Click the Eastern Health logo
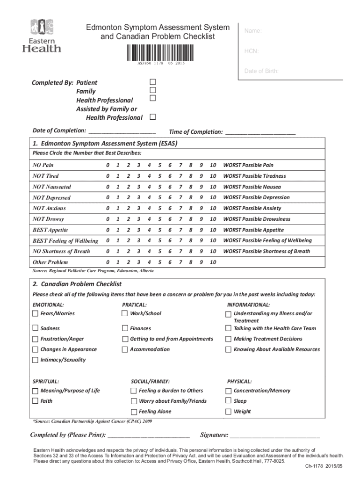point(42,36)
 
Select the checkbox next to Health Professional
point(152,98)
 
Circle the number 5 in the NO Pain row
point(159,165)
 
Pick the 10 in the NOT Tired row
point(213,176)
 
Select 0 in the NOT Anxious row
point(107,208)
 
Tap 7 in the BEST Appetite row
point(180,230)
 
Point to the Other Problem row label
point(50,262)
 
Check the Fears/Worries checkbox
point(36,313)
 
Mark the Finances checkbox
point(125,328)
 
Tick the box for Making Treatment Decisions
point(229,339)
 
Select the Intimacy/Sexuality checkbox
point(36,360)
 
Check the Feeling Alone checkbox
point(134,412)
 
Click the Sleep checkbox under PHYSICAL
point(229,401)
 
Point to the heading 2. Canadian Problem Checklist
point(77,284)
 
